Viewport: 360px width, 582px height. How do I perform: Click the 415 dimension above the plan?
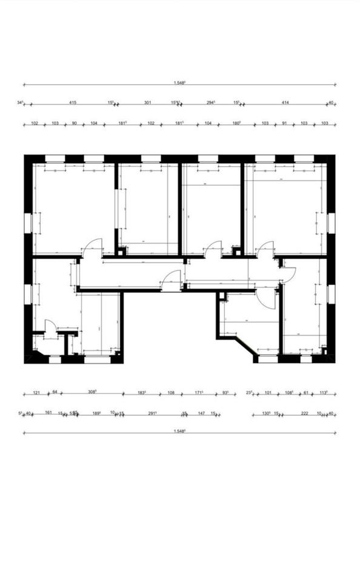73,103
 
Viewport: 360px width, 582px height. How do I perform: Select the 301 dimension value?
147,103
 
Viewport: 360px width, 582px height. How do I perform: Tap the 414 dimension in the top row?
285,103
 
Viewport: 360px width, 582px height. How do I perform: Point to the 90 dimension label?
74,123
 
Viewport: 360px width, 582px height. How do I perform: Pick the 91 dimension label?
284,123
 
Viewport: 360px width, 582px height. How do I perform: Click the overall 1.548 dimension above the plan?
179,82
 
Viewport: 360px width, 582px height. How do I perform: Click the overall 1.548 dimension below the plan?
179,430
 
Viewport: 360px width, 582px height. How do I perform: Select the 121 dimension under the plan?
36,392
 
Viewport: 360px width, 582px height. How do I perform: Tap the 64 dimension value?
55,392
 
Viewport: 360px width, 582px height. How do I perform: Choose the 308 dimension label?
93,392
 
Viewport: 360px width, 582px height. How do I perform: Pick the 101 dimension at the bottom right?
268,392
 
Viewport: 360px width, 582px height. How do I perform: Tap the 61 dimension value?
306,392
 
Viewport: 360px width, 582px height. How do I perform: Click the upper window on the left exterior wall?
27,222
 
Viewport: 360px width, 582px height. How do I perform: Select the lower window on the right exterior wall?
331,294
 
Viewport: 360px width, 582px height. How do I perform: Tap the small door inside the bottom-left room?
50,326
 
